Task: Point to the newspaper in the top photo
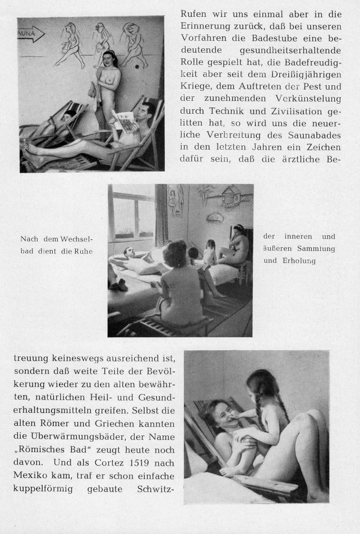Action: click(x=124, y=120)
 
